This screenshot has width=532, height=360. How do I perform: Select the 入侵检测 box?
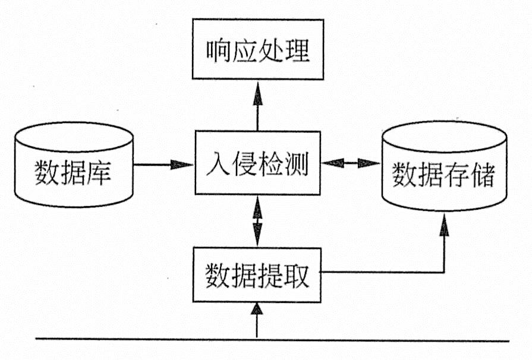[x=257, y=163]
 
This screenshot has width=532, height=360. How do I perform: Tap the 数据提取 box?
[x=257, y=274]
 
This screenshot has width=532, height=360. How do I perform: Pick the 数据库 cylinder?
[x=74, y=166]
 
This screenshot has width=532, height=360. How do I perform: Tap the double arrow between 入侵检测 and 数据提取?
[x=257, y=221]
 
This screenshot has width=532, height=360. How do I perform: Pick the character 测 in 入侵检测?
[x=297, y=163]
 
